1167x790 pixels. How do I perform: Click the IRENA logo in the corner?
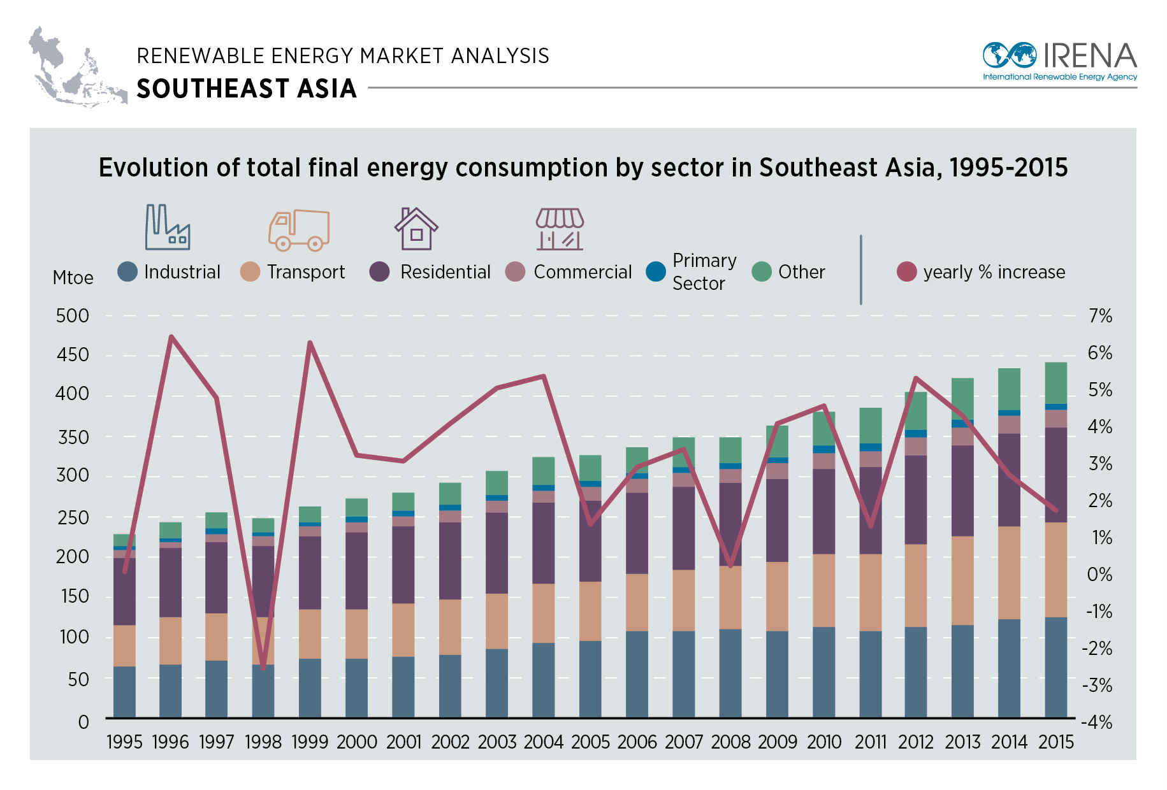click(x=1059, y=61)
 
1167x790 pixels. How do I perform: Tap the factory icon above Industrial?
click(x=167, y=227)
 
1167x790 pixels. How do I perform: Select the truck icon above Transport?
click(x=299, y=229)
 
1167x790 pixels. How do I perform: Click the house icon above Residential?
click(x=416, y=229)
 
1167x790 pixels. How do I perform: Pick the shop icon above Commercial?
click(x=560, y=229)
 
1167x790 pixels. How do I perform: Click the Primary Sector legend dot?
click(x=656, y=271)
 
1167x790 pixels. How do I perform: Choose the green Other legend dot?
click(x=762, y=271)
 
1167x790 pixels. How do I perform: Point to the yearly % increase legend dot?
click(x=906, y=271)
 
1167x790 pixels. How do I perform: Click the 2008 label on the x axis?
click(x=730, y=742)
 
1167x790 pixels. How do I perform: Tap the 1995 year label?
click(x=124, y=742)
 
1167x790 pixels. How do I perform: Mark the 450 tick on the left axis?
click(x=73, y=355)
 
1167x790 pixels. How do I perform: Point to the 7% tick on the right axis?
click(x=1100, y=316)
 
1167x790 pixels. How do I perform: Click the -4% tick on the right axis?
click(x=1097, y=722)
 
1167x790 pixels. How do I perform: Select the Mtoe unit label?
click(x=73, y=278)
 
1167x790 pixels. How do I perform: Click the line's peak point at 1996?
click(x=171, y=336)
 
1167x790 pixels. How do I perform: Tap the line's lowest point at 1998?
click(x=263, y=668)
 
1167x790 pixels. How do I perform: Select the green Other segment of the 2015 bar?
click(x=1056, y=383)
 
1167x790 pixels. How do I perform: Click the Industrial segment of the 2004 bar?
click(x=543, y=680)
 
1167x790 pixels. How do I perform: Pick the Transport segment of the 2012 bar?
click(x=916, y=585)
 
